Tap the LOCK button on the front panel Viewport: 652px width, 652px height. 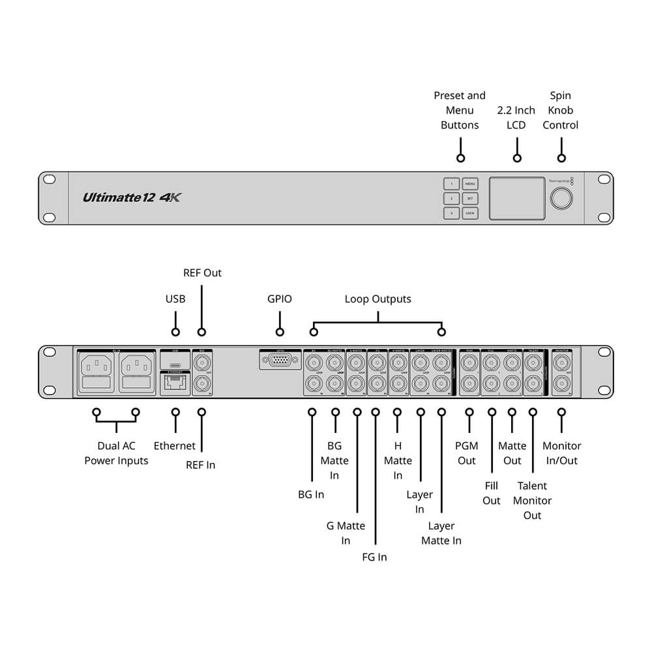(x=470, y=213)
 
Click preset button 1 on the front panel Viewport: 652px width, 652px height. (x=451, y=184)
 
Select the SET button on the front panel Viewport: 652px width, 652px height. (x=470, y=198)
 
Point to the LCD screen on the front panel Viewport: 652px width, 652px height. (x=517, y=198)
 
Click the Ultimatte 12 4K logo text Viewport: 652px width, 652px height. (x=131, y=197)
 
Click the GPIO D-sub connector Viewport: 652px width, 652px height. (x=280, y=361)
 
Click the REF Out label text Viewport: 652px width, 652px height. (x=202, y=273)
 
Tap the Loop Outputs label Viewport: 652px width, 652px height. (x=378, y=299)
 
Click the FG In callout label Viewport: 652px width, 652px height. (x=374, y=557)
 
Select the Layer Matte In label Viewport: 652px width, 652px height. (x=441, y=533)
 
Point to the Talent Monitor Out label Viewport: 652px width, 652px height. (x=533, y=500)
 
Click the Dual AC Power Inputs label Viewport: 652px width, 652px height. (x=116, y=453)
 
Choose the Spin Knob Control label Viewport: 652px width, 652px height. (x=561, y=110)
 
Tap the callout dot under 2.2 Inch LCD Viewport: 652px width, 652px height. (x=517, y=158)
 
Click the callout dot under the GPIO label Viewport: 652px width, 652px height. (x=280, y=333)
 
